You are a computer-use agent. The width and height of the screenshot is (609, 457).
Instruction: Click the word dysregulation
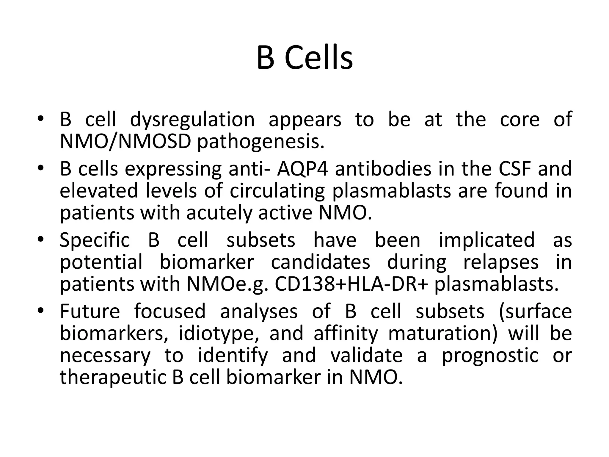click(x=192, y=120)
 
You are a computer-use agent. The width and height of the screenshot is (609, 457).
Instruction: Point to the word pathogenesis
click(x=260, y=142)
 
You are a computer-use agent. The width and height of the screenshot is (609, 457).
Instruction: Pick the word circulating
click(x=277, y=191)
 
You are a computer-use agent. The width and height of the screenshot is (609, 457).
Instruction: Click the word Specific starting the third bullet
click(x=95, y=240)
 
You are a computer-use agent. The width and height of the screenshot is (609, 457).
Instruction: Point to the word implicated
click(x=486, y=240)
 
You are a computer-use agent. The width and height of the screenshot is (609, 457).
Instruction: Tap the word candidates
click(x=321, y=262)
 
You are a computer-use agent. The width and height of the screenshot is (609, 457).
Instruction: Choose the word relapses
click(x=501, y=262)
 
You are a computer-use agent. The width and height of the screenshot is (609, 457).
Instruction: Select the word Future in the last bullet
click(x=90, y=311)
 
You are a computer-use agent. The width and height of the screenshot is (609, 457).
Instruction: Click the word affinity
click(x=345, y=334)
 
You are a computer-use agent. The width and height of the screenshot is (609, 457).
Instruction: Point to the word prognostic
click(x=490, y=356)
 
